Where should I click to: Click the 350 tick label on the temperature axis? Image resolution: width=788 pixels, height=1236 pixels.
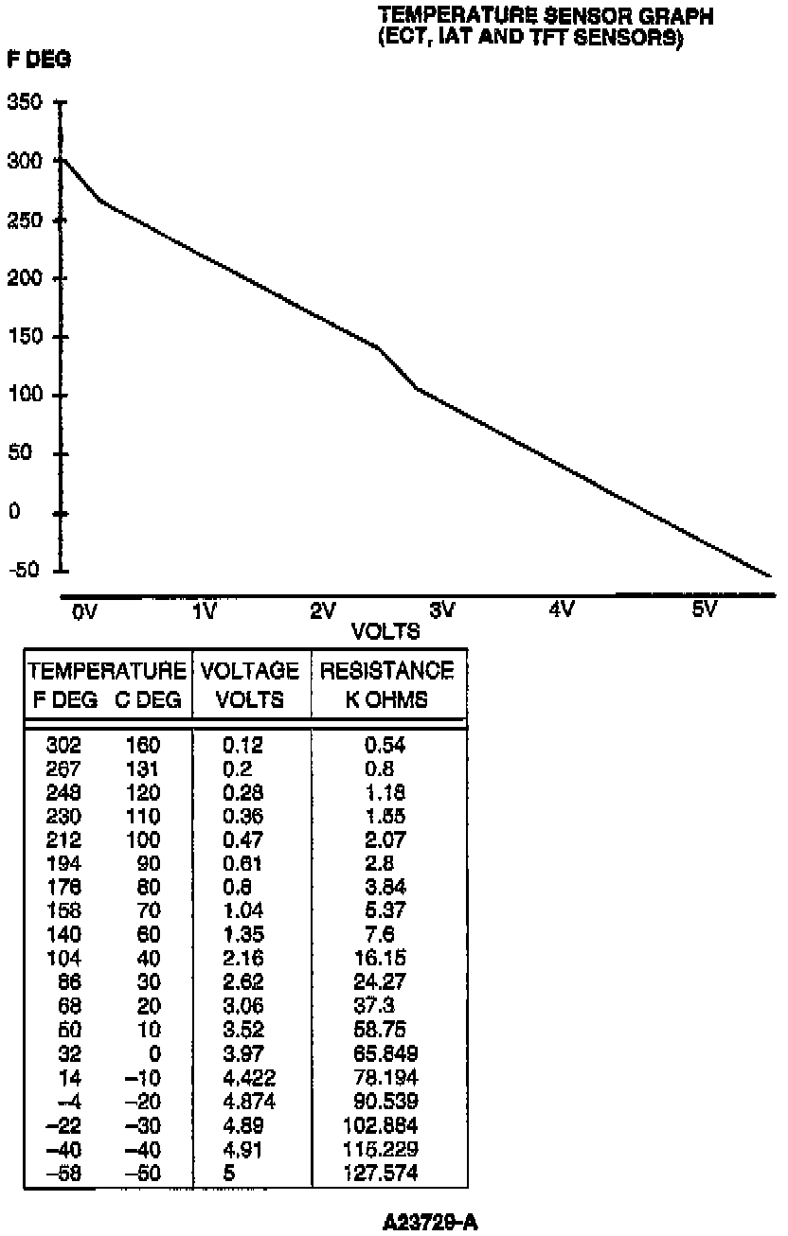[25, 102]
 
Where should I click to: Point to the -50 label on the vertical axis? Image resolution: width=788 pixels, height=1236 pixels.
[23, 570]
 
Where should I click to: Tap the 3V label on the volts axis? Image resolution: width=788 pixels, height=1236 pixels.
[441, 610]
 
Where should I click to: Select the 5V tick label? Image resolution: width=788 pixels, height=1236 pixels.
[704, 610]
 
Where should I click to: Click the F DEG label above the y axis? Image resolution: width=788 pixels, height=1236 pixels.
[39, 59]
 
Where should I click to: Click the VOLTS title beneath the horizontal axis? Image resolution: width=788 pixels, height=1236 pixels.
[385, 631]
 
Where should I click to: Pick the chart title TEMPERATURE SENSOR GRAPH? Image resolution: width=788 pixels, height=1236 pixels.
[545, 15]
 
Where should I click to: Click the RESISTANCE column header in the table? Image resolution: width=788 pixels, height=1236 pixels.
[387, 672]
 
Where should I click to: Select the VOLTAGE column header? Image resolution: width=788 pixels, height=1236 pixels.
[251, 672]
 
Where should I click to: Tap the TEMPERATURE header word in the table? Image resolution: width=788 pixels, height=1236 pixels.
[107, 672]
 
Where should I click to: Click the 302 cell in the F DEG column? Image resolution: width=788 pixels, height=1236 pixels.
[63, 745]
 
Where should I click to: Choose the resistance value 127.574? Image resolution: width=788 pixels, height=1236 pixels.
[385, 1174]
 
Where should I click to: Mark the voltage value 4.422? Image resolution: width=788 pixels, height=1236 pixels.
[242, 1078]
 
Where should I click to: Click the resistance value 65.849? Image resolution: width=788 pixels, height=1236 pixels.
[385, 1054]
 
